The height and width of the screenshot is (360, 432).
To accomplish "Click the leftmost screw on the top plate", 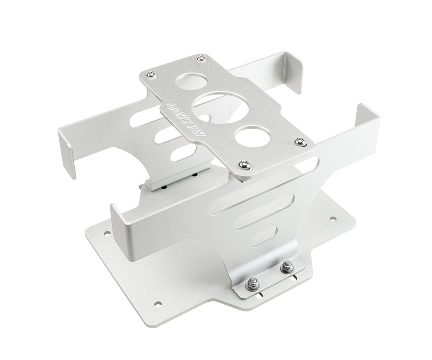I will (150, 75).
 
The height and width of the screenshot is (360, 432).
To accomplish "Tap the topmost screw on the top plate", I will (200, 58).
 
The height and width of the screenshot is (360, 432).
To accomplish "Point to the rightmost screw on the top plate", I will (300, 141).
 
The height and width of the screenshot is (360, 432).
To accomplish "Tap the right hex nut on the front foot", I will (286, 267).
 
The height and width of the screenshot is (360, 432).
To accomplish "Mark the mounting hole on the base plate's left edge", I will (107, 233).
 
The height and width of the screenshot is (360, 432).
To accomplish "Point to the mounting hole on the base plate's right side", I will (333, 219).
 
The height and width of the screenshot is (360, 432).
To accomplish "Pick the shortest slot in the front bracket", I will (264, 237).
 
